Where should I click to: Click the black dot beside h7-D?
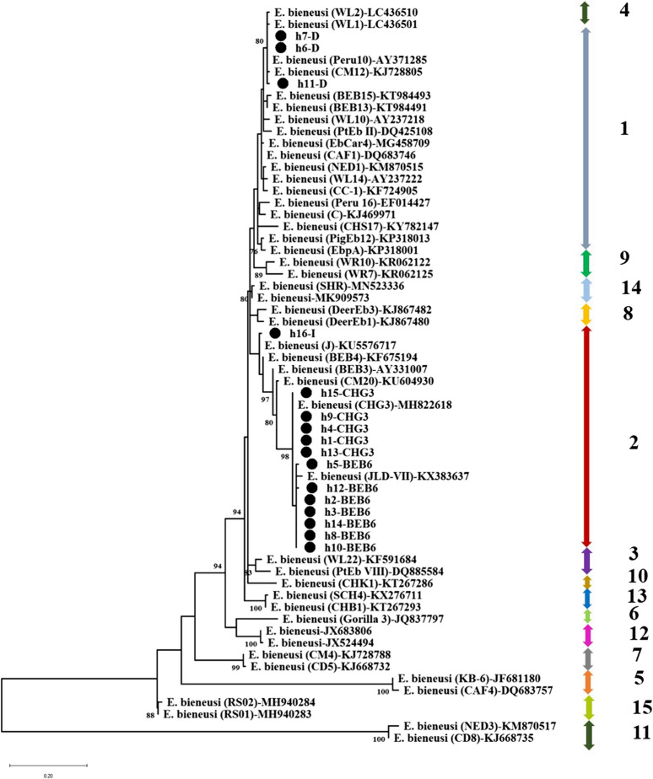(281, 37)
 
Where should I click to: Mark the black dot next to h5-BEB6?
(312, 465)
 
